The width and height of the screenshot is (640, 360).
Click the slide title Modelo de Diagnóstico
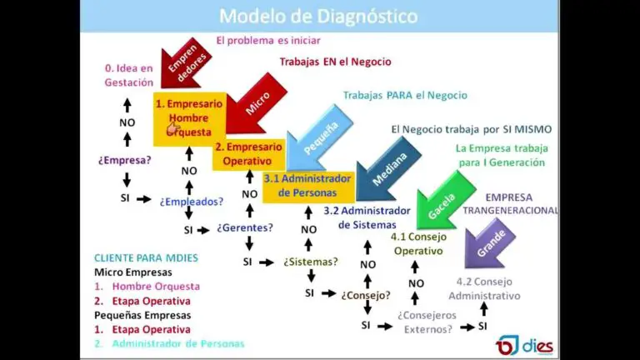pyautogui.click(x=319, y=16)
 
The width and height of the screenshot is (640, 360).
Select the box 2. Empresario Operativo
pyautogui.click(x=247, y=153)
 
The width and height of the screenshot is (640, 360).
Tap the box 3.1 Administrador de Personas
pyautogui.click(x=307, y=185)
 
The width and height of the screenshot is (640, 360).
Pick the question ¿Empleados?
pyautogui.click(x=192, y=201)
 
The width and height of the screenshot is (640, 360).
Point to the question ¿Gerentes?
pyautogui.click(x=245, y=227)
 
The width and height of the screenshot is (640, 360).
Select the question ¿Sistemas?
pyautogui.click(x=310, y=262)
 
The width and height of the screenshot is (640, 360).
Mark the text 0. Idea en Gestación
pyautogui.click(x=128, y=76)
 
